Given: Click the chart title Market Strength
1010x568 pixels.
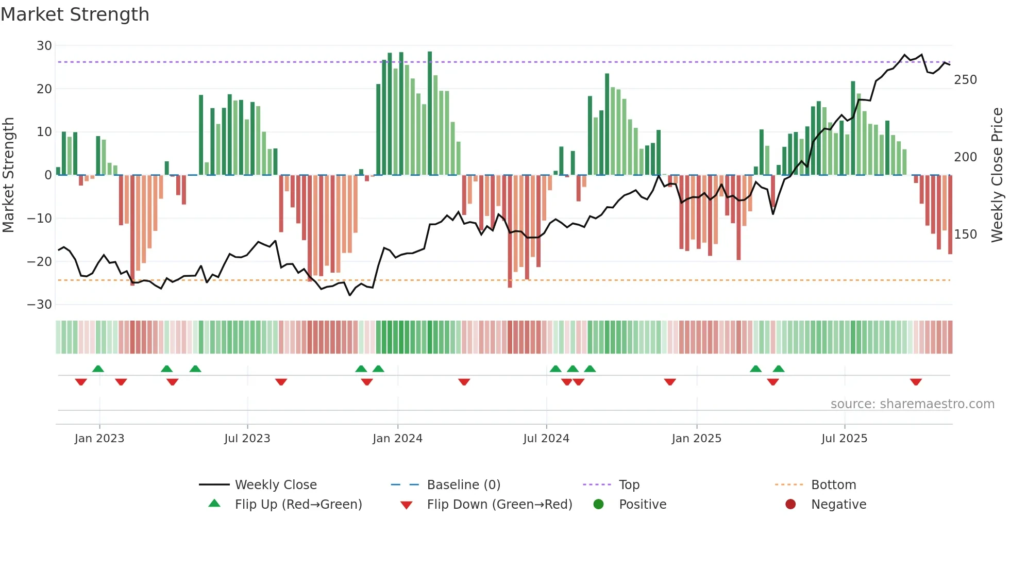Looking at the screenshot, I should (75, 14).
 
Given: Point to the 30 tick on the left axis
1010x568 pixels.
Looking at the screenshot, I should (44, 46).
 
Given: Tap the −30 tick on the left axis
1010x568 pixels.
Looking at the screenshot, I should (40, 305).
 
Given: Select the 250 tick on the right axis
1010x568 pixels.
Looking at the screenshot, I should (965, 80).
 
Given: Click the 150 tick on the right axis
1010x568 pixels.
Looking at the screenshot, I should (965, 235).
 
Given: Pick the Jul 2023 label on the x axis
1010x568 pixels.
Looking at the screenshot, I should (247, 439).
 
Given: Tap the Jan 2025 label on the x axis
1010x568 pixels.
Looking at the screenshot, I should (696, 439).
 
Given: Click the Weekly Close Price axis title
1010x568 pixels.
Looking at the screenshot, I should (997, 175).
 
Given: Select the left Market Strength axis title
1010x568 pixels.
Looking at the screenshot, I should (9, 175).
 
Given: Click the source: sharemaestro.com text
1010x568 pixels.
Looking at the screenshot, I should (912, 404).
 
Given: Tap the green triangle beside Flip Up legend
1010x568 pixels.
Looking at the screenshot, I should (214, 504).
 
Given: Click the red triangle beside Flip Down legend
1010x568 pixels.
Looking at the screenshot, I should (406, 505).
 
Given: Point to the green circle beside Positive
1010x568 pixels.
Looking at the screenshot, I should (598, 504).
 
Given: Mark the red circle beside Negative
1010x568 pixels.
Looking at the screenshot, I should (790, 504).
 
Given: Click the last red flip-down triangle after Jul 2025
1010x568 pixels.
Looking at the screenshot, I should (916, 382).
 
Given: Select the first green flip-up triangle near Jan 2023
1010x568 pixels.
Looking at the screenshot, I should (98, 369).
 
